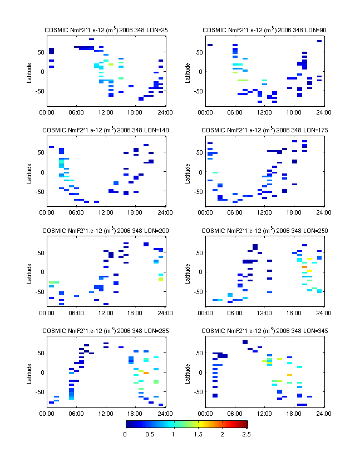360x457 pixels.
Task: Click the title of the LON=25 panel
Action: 106,29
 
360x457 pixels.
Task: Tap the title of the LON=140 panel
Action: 106,130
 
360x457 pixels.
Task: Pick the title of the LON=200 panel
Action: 106,230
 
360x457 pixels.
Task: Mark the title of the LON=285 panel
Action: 106,331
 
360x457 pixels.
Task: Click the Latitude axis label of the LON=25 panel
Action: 29,71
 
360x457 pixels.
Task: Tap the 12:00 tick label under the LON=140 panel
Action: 106,212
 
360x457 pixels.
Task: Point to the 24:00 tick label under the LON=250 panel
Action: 324,312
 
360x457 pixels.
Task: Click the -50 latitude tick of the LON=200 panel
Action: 39,291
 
